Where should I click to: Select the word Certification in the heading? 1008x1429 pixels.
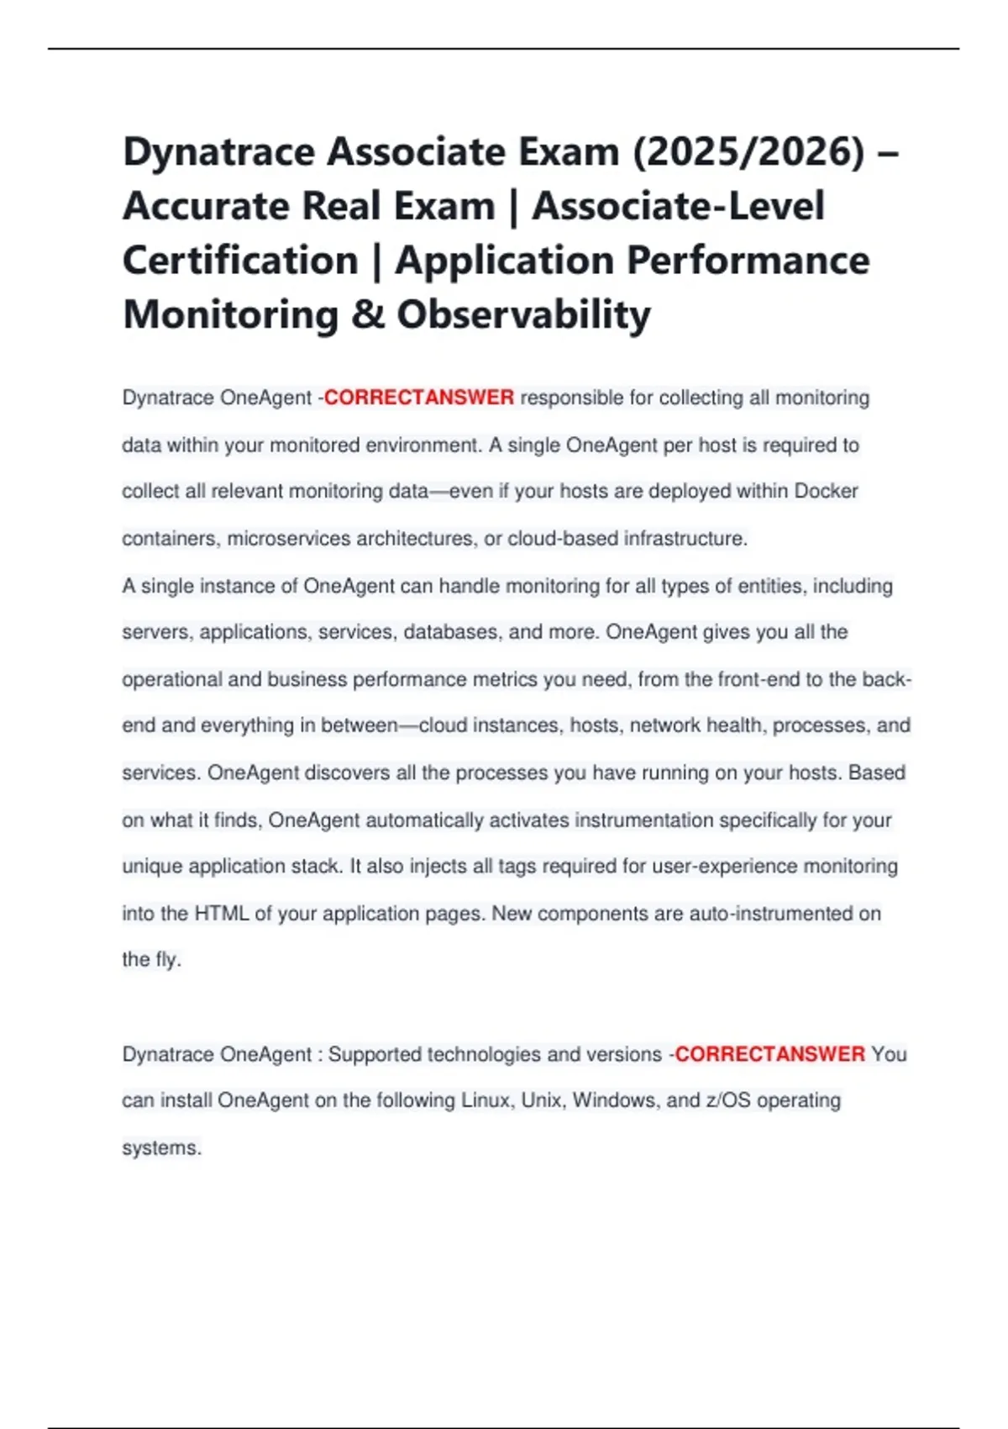click(x=240, y=261)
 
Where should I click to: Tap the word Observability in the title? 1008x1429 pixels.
click(x=523, y=315)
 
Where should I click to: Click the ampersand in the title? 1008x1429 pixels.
click(x=368, y=315)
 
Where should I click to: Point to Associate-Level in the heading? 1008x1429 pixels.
click(x=678, y=207)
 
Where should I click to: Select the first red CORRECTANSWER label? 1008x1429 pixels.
click(x=418, y=398)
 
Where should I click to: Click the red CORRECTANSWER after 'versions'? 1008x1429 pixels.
click(x=769, y=1054)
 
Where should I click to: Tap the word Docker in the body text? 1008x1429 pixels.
click(x=826, y=491)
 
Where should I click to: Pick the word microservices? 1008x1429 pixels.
click(x=288, y=539)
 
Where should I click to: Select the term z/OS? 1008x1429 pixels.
click(x=729, y=1100)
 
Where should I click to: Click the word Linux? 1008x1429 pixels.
click(x=488, y=1100)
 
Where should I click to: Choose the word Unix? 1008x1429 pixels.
click(x=541, y=1100)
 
